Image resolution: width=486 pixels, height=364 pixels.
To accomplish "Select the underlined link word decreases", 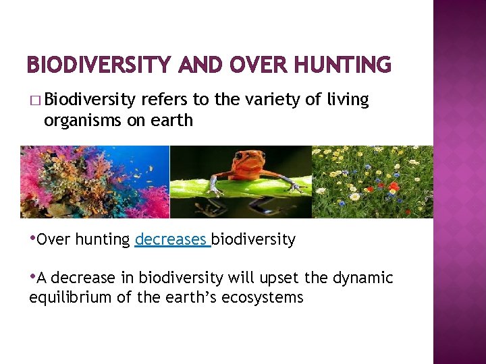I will pyautogui.click(x=171, y=240).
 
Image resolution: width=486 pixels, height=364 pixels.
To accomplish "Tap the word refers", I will pyautogui.click(x=165, y=100).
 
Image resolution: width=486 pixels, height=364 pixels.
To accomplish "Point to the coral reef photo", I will pyautogui.click(x=94, y=182).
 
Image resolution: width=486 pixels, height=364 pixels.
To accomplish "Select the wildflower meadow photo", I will pyautogui.click(x=371, y=182).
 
